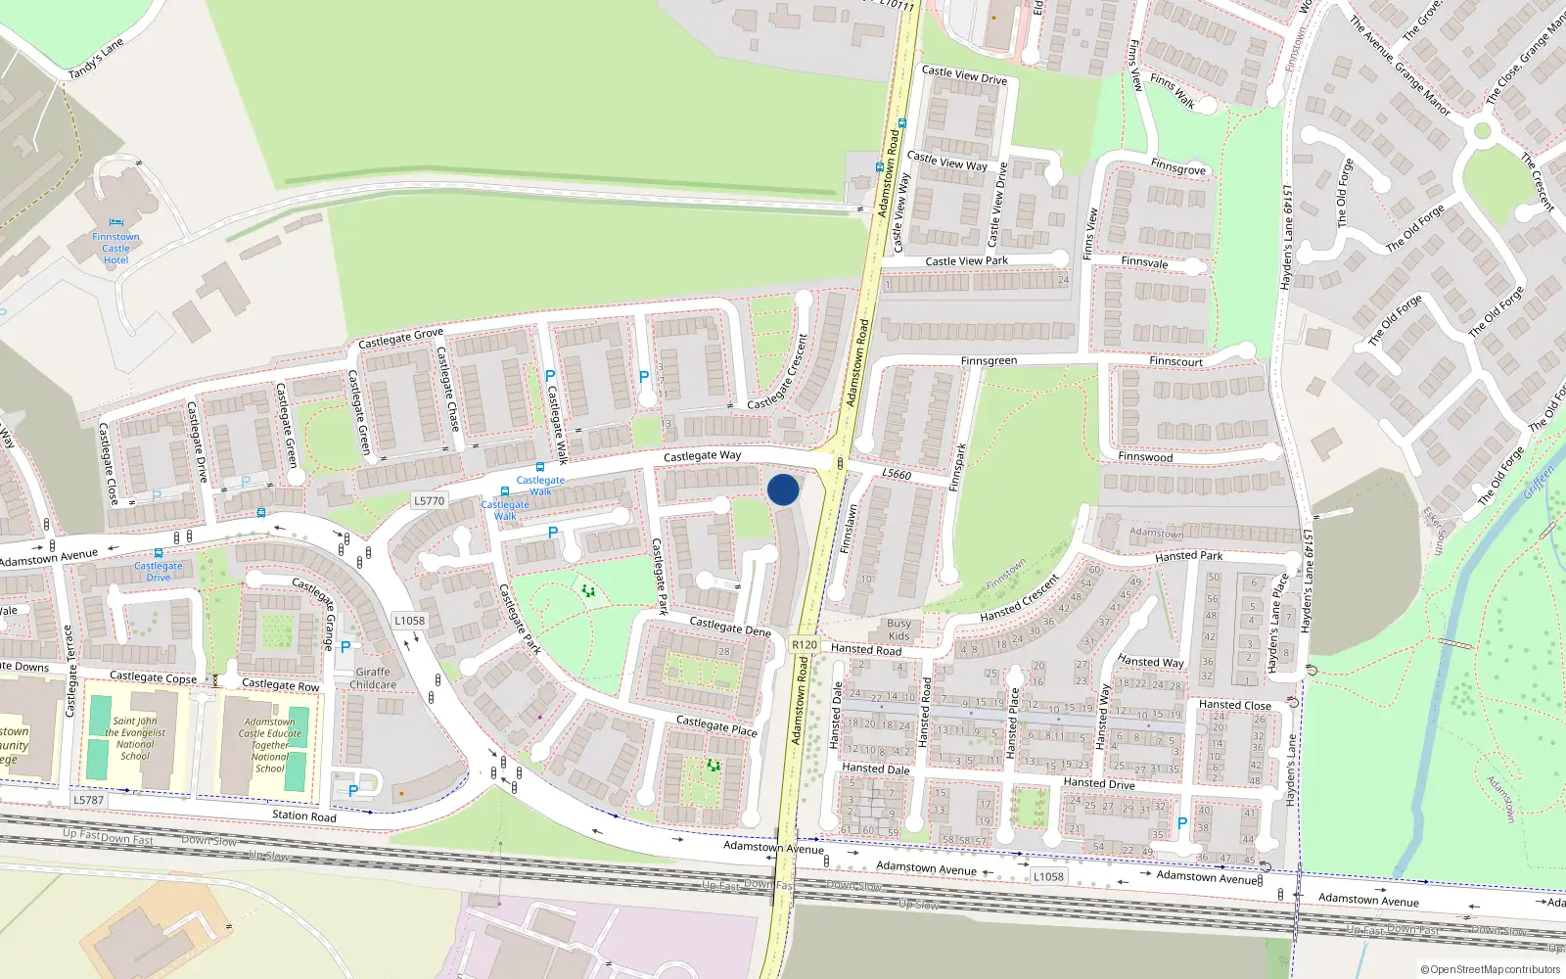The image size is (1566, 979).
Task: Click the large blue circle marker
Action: coord(783,489)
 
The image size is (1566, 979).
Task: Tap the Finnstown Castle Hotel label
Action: coord(115,249)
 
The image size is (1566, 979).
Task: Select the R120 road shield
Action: coord(804,644)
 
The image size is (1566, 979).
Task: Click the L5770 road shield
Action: coord(429,500)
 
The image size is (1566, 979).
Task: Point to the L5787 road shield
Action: coord(88,800)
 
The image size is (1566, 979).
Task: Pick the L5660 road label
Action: coord(896,475)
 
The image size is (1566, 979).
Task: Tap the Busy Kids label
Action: coord(898,629)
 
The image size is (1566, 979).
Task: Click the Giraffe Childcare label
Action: coord(373,678)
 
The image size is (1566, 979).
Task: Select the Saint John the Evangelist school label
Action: coord(135,738)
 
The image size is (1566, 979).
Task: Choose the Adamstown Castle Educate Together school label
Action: coord(270,745)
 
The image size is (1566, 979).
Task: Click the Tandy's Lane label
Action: coord(96,60)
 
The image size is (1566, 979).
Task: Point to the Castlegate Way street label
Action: coord(702,456)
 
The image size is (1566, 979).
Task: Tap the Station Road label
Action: coord(303,816)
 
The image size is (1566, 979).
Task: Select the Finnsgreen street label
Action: coord(989,361)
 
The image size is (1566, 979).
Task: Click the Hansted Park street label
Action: coord(1188,556)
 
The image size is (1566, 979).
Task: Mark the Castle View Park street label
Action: coord(966,261)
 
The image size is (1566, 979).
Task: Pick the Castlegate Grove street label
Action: coord(400,339)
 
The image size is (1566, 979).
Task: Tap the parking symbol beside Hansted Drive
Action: coord(1181,824)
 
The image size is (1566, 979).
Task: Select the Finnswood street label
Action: coord(1145,457)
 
